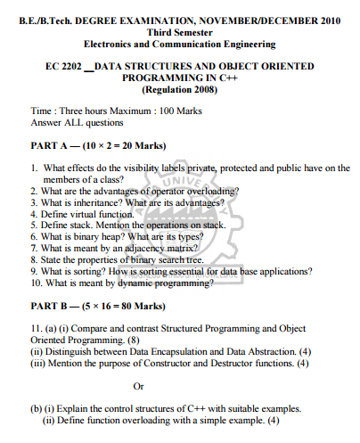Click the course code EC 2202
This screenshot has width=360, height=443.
point(61,66)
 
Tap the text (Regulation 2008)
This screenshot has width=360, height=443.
point(180,90)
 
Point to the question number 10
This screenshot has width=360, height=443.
point(36,283)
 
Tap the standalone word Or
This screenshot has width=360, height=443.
point(137,386)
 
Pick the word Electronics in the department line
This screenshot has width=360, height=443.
point(113,43)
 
